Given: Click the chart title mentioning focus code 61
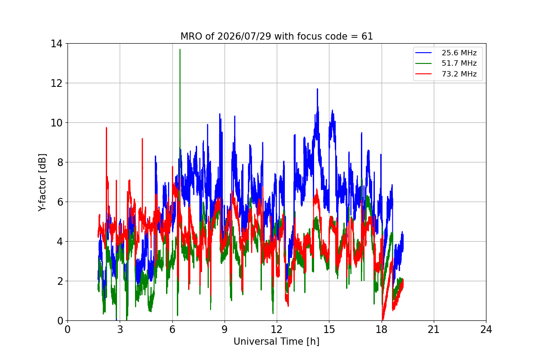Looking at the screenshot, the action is click(x=276, y=36).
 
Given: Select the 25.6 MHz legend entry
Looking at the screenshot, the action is click(x=446, y=53).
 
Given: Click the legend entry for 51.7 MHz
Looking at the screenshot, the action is click(x=446, y=63).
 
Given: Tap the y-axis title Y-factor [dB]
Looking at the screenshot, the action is click(x=42, y=182).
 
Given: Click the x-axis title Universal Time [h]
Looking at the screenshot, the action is click(x=276, y=342).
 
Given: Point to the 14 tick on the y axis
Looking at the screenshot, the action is click(x=56, y=44).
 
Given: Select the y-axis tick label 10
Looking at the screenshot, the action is click(x=56, y=123).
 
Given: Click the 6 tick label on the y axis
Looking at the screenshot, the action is click(x=60, y=202).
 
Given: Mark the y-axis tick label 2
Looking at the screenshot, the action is click(x=60, y=281).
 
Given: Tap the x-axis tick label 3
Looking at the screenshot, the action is click(x=120, y=329).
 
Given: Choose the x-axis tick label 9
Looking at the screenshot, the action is click(x=225, y=329).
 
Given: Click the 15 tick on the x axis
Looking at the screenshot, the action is click(x=329, y=329).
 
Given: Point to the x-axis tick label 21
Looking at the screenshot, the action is click(x=434, y=329).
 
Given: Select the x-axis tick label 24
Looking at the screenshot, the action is click(x=486, y=329).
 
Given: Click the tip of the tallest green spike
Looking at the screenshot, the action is click(x=180, y=49).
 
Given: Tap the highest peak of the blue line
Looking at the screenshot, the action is click(x=317, y=89).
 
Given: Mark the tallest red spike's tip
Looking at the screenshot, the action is click(x=106, y=127).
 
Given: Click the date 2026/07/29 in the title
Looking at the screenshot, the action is click(x=244, y=36).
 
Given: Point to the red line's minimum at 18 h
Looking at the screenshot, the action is click(x=382, y=319).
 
